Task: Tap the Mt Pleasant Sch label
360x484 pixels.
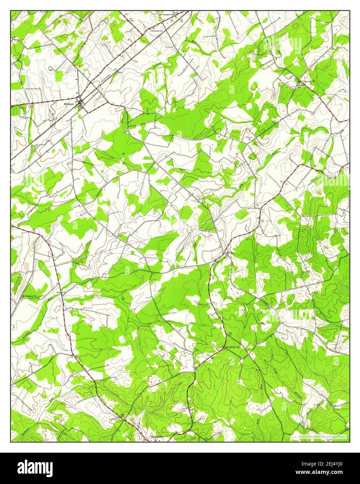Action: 167,15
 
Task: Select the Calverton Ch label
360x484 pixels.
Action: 156,31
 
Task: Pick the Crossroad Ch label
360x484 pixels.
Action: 308,81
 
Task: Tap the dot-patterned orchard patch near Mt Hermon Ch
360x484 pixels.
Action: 97,291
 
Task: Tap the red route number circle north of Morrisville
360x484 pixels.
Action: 134,423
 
